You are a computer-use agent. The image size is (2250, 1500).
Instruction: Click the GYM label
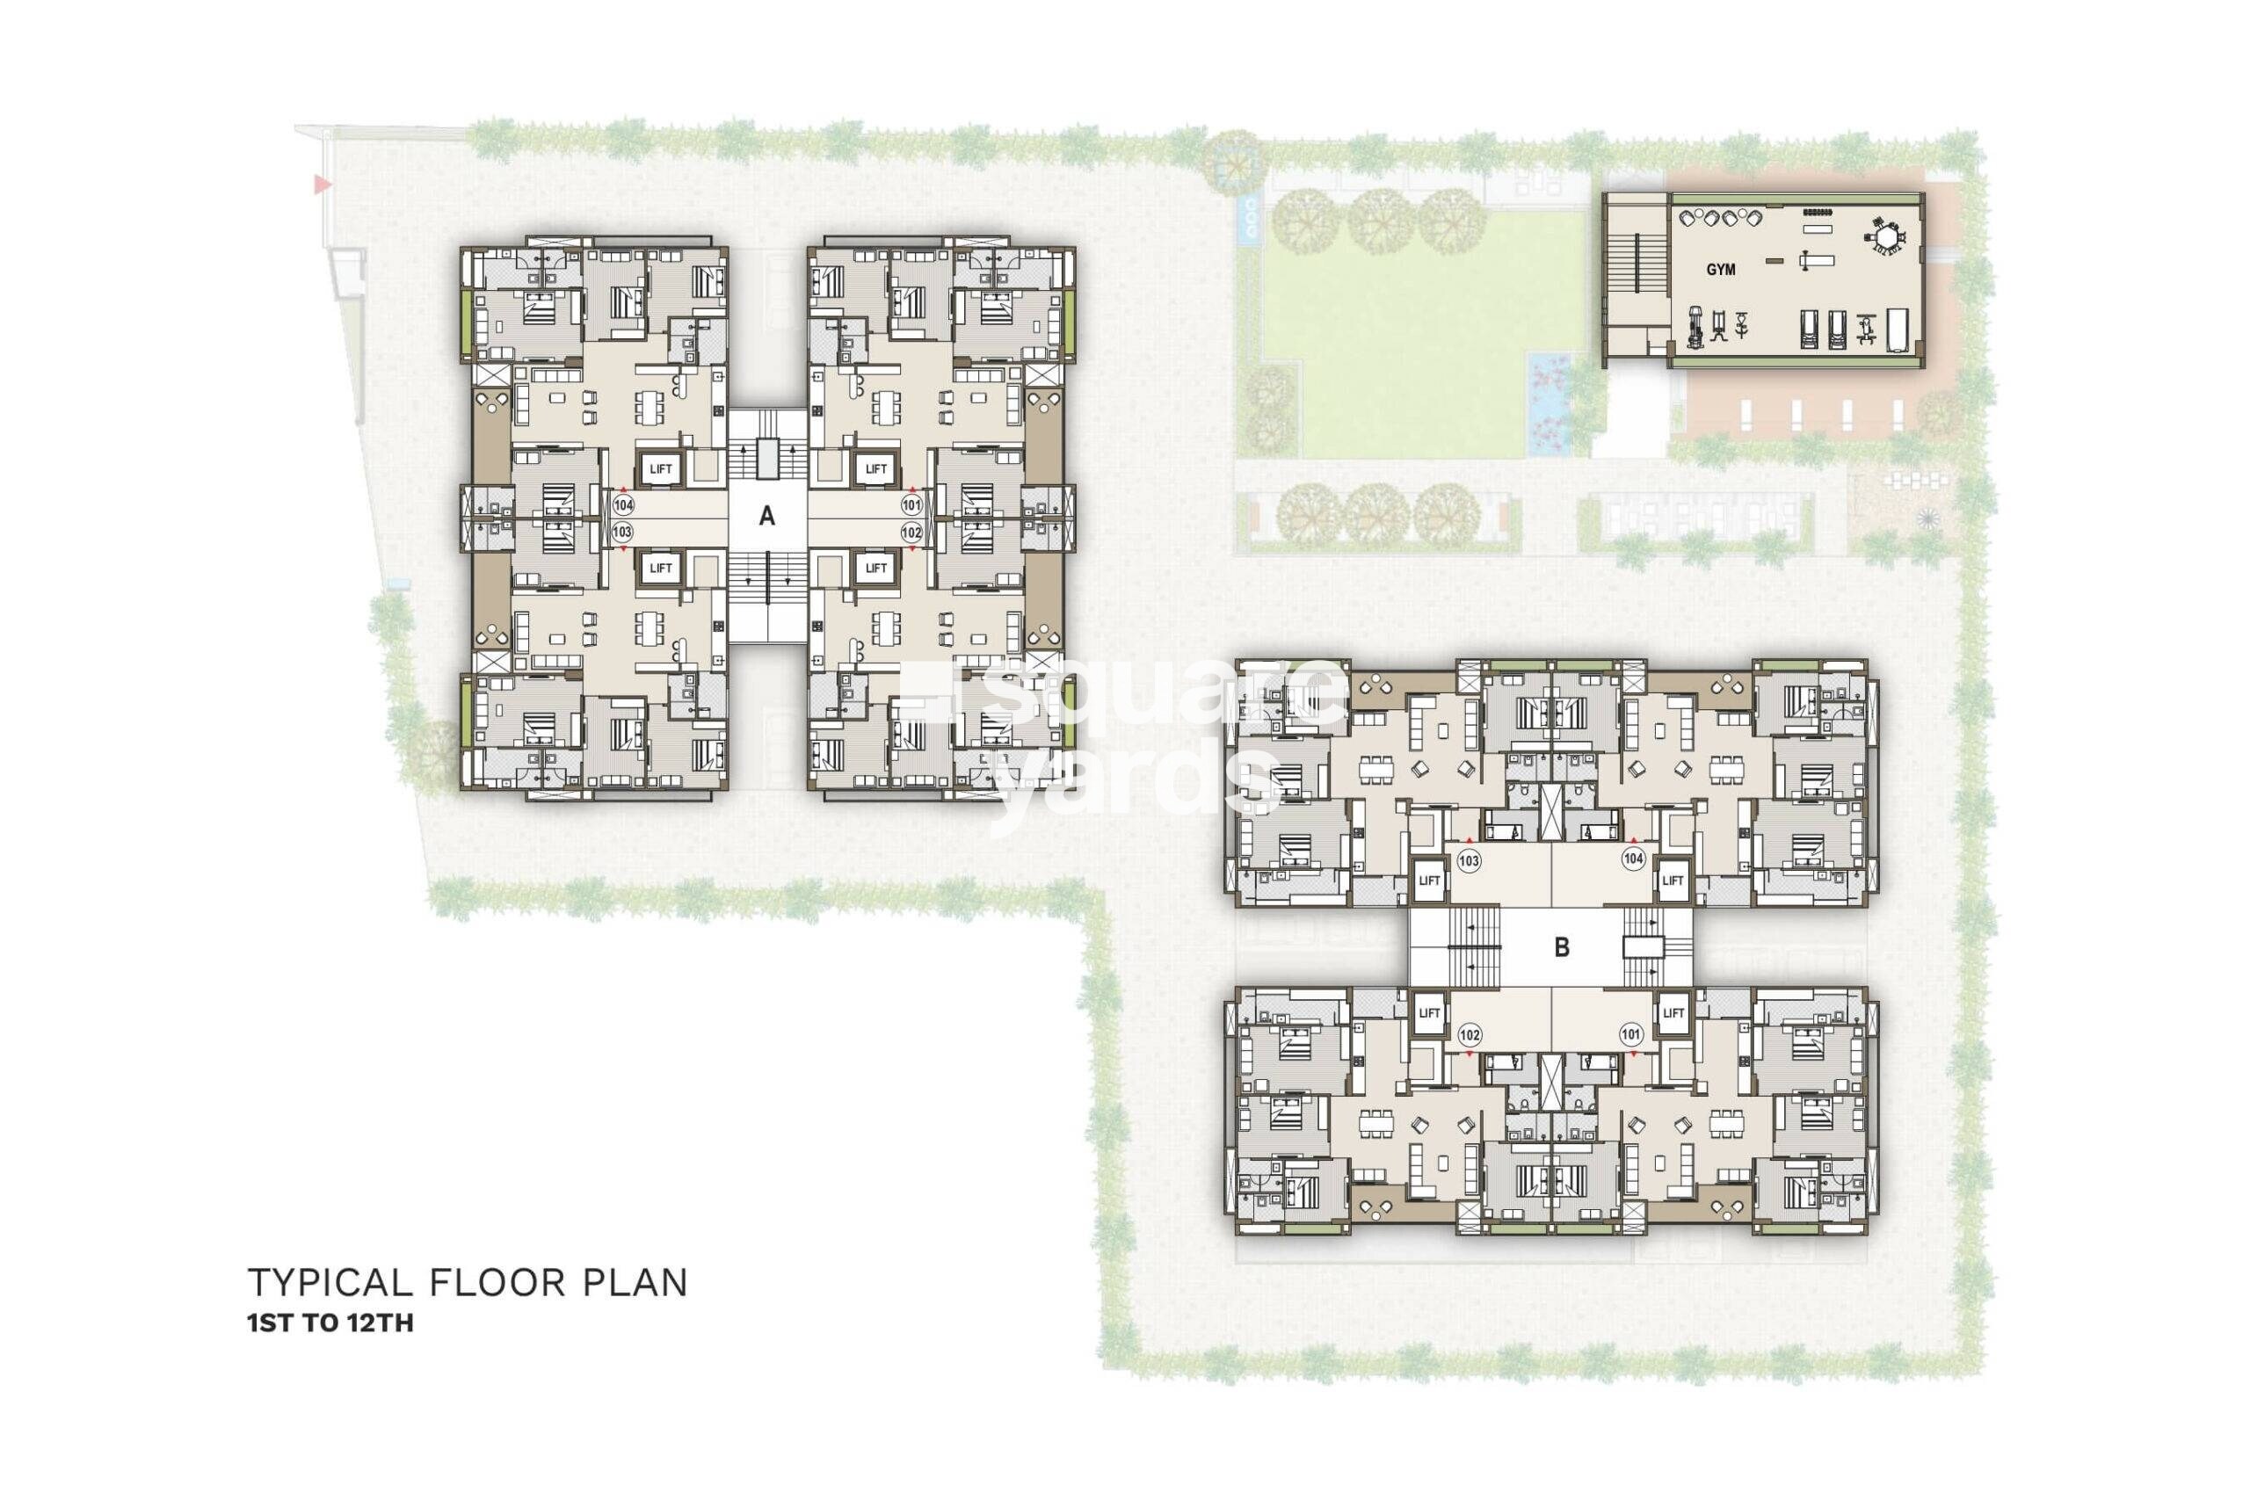tap(1720, 270)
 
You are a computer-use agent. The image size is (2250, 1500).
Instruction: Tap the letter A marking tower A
tap(766, 517)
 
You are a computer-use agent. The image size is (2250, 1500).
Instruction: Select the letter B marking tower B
tap(1561, 947)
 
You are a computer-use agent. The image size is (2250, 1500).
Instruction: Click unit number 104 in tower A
tap(624, 504)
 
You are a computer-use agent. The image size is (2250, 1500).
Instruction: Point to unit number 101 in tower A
tap(911, 504)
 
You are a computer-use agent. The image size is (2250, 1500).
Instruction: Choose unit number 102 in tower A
tap(911, 531)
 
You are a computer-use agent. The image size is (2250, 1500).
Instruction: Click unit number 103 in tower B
tap(1469, 860)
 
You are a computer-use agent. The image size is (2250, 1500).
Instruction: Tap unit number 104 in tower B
tap(1632, 859)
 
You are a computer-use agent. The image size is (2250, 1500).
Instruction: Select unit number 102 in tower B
tap(1470, 1034)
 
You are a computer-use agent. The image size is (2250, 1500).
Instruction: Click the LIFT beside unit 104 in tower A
tap(660, 468)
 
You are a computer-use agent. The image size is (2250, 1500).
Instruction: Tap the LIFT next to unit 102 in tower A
tap(875, 569)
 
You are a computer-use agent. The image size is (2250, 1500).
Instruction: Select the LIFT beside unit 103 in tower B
tap(1428, 880)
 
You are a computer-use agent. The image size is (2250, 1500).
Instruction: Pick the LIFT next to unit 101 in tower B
tap(1673, 1012)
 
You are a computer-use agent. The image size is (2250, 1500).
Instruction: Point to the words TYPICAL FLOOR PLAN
tap(468, 1283)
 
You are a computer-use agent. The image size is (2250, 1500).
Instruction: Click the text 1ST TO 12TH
tap(330, 1324)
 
